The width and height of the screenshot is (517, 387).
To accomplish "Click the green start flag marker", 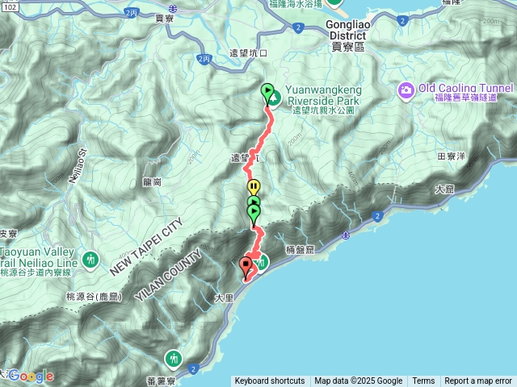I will point(267,92).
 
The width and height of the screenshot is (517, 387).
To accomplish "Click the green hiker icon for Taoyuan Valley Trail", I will point(90,260).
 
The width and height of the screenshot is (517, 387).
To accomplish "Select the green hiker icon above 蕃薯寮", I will point(173,357).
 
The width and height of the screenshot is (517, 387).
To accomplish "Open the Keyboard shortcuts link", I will point(270,381).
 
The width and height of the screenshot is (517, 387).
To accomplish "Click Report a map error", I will point(478,381).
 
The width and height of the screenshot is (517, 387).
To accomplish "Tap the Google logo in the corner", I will point(31,376).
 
